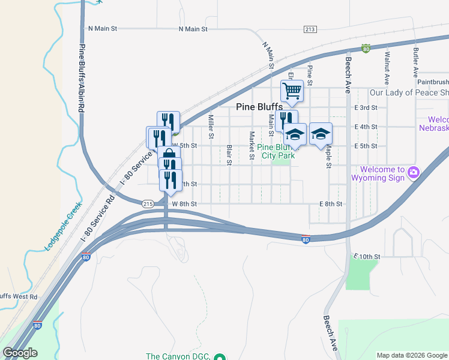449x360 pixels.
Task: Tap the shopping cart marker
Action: click(292, 91)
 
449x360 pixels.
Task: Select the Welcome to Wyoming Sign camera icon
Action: click(413, 173)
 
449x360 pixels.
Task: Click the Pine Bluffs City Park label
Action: click(276, 151)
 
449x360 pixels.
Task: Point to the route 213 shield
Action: click(310, 29)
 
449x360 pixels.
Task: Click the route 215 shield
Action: click(148, 204)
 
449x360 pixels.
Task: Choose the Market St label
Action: click(252, 146)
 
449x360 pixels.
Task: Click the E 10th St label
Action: click(367, 256)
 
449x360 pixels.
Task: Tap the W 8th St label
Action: click(184, 204)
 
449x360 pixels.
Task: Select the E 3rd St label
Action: click(366, 107)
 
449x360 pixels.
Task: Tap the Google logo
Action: click(20, 352)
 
